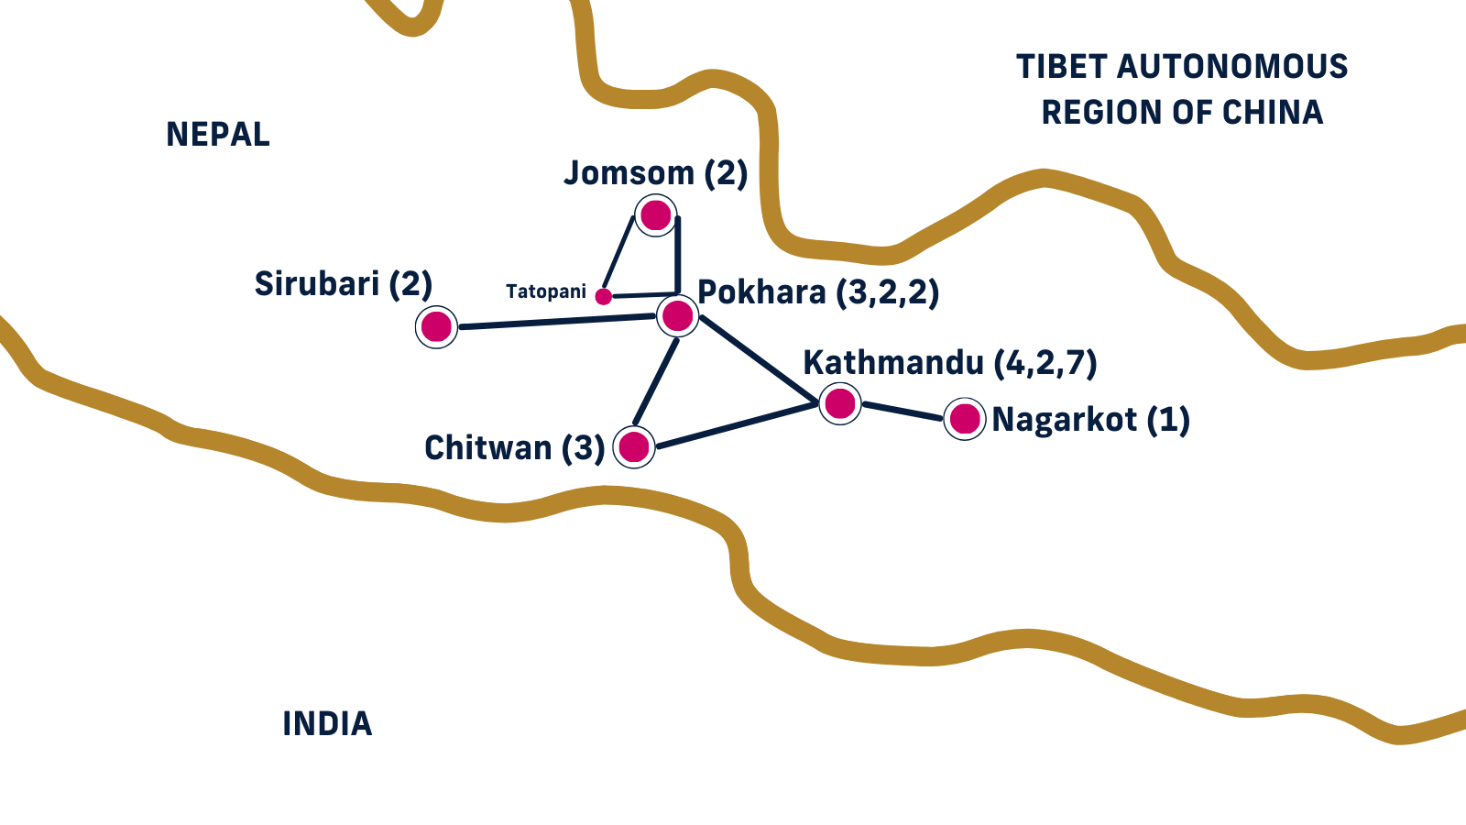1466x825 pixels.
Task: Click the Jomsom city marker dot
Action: pos(656,215)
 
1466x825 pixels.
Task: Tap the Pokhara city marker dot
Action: pos(678,315)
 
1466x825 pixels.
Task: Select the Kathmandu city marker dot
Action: pos(840,402)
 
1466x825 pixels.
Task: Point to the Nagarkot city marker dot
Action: pos(965,419)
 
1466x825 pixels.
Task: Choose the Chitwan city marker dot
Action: pos(634,447)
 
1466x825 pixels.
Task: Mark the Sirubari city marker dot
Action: pos(436,326)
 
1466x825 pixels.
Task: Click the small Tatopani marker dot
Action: pos(603,296)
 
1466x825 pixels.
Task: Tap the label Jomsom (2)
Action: pos(655,173)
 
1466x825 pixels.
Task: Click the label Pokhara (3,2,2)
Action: pos(818,292)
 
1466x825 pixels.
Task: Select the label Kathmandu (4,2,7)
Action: pos(949,363)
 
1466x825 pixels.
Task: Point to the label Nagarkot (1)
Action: pos(1090,420)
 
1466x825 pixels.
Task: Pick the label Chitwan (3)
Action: pos(514,448)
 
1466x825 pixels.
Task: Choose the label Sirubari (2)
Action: pos(343,284)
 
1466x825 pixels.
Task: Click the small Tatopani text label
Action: pos(546,291)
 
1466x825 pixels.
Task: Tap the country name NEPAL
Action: pos(218,135)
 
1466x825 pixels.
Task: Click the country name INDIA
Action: pos(327,724)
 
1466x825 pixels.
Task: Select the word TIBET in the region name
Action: pos(1062,67)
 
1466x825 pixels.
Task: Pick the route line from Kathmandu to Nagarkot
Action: pos(903,411)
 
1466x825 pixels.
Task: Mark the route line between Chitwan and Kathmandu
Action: pos(738,425)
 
